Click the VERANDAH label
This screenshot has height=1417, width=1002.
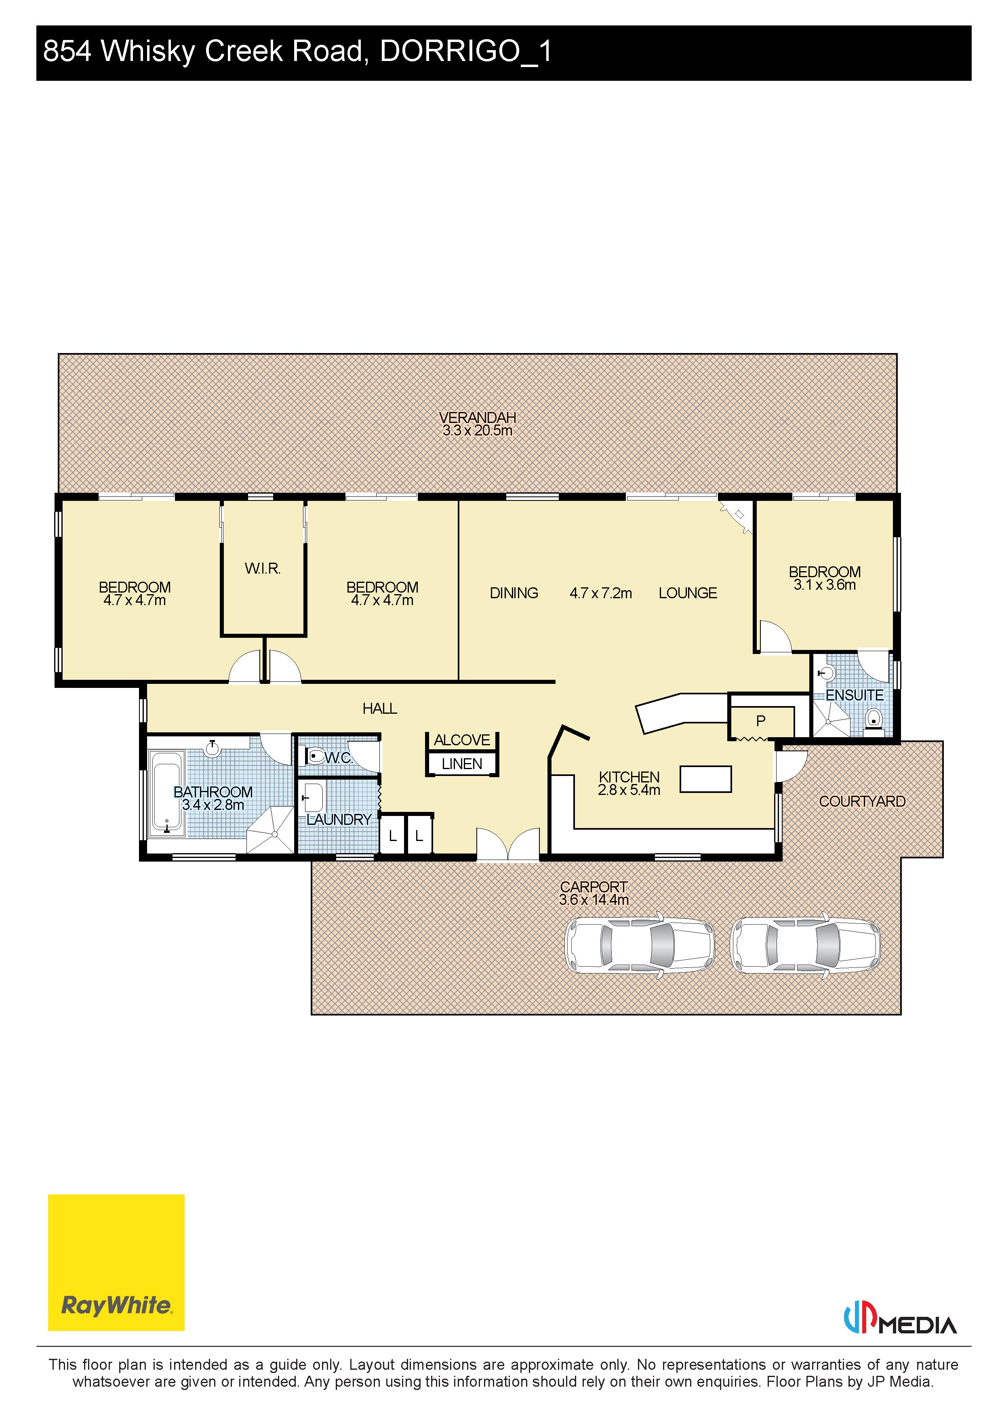[x=477, y=418]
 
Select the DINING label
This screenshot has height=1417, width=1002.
[x=514, y=593]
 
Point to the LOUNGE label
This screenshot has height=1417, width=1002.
[x=688, y=593]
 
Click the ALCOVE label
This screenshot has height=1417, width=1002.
[x=462, y=740]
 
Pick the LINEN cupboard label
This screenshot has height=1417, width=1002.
[x=462, y=764]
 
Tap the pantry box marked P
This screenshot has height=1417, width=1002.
[x=761, y=721]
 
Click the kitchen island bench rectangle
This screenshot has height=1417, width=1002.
[x=706, y=779]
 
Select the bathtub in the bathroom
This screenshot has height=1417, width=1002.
[x=167, y=793]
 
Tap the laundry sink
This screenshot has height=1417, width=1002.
[x=312, y=798]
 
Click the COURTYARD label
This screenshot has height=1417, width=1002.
[x=862, y=801]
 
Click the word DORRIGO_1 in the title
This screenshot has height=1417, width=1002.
[x=465, y=51]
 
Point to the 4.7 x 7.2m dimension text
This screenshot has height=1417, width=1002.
[x=601, y=593]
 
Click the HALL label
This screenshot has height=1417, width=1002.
[x=380, y=708]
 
